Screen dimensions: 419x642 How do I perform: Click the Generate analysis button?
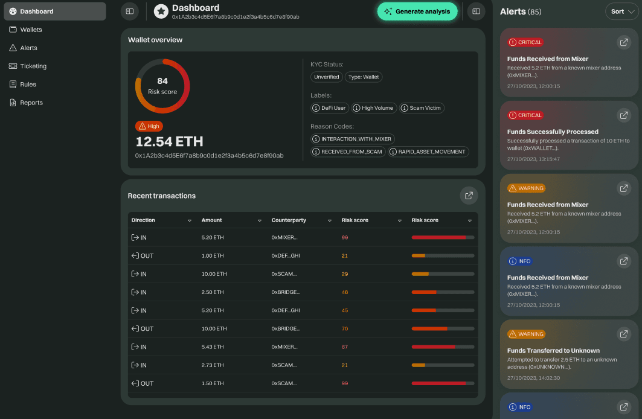pyautogui.click(x=417, y=11)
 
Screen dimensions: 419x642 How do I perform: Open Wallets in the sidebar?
pyautogui.click(x=31, y=30)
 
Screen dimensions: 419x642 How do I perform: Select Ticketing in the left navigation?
pyautogui.click(x=33, y=66)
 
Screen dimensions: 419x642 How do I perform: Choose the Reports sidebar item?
pyautogui.click(x=31, y=103)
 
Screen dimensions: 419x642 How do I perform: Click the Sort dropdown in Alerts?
pyautogui.click(x=621, y=11)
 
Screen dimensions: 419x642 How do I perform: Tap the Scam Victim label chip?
pyautogui.click(x=422, y=108)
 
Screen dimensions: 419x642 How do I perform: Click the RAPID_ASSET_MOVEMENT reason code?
pyautogui.click(x=428, y=152)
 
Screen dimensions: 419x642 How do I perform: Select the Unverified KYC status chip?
pyautogui.click(x=327, y=77)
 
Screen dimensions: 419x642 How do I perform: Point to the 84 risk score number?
pyautogui.click(x=162, y=81)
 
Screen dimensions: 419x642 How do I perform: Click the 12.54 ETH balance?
pyautogui.click(x=169, y=142)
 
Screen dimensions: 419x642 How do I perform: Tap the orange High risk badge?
pyautogui.click(x=149, y=126)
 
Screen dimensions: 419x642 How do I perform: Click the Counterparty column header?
pyautogui.click(x=289, y=220)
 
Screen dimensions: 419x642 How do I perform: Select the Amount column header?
pyautogui.click(x=212, y=220)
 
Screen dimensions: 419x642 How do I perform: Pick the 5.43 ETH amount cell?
pyautogui.click(x=213, y=347)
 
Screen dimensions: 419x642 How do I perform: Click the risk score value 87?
pyautogui.click(x=344, y=347)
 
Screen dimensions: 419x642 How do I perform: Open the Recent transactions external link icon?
pyautogui.click(x=469, y=195)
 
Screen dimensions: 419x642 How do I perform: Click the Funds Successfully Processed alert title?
pyautogui.click(x=553, y=132)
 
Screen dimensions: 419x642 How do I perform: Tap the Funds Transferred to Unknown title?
pyautogui.click(x=553, y=351)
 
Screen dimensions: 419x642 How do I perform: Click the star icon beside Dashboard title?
pyautogui.click(x=161, y=11)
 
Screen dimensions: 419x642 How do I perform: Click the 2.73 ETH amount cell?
pyautogui.click(x=213, y=365)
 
